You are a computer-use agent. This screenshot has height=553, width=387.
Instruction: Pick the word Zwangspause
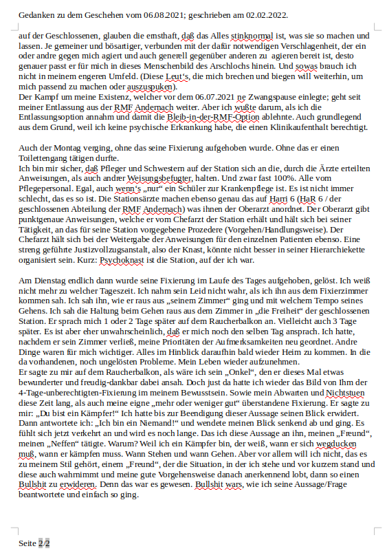pos(245,98)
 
